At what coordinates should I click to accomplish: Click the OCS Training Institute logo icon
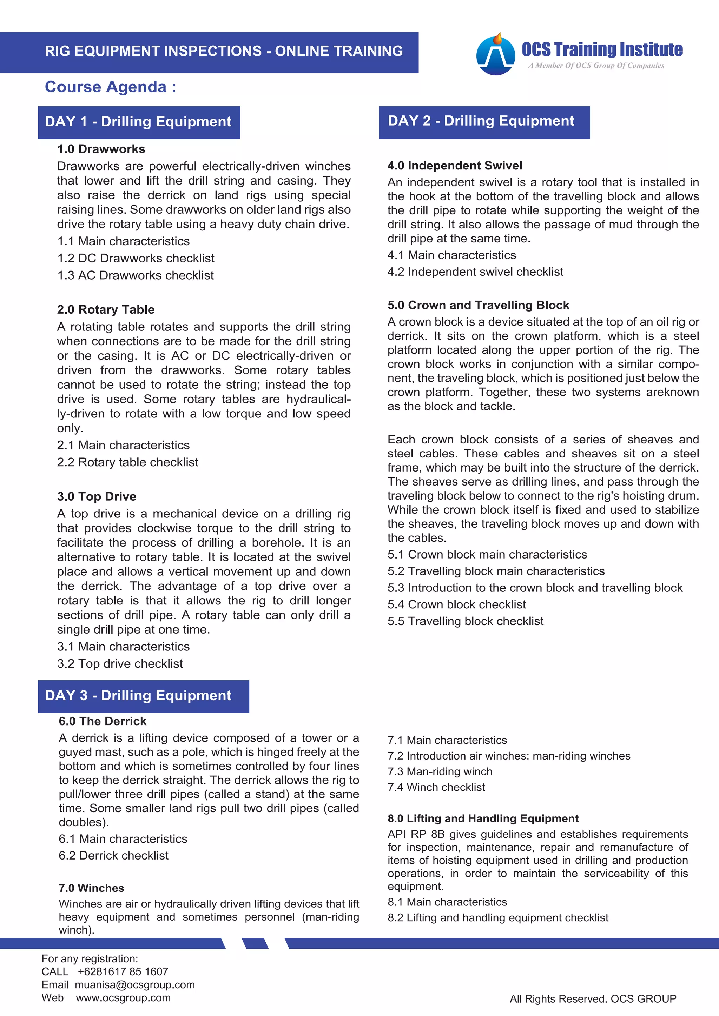(x=495, y=54)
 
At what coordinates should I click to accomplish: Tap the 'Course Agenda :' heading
(x=110, y=87)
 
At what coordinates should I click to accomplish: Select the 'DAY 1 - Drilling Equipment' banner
(x=139, y=122)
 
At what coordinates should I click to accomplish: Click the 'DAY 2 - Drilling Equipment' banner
(x=483, y=122)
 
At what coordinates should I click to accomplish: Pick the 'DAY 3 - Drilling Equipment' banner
(x=143, y=696)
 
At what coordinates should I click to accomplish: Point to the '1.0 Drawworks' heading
(x=101, y=149)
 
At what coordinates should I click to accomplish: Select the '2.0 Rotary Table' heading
(x=105, y=309)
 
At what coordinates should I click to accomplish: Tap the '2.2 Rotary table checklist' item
(x=127, y=462)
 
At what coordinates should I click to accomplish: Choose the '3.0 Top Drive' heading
(x=97, y=496)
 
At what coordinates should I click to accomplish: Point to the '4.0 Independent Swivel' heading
(x=455, y=166)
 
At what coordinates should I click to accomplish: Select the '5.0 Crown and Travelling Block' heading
(x=478, y=305)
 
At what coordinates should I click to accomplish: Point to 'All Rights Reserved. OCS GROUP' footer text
(x=593, y=999)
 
